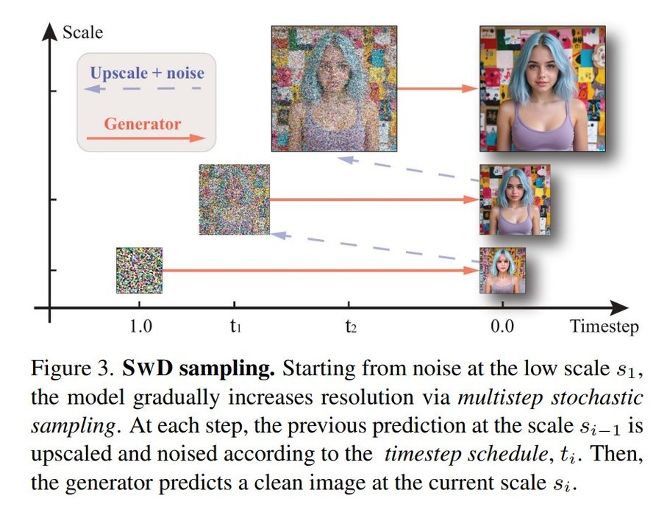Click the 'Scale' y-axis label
[x=82, y=32]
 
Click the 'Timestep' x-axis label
[x=603, y=327]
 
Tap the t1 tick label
[x=235, y=327]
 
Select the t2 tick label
[x=351, y=327]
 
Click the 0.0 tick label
[x=503, y=327]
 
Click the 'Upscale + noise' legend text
[x=147, y=73]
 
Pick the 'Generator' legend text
[x=142, y=124]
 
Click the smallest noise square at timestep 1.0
[x=139, y=270]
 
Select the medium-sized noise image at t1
[x=234, y=199]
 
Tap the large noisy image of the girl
[x=327, y=88]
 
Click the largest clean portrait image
[x=542, y=88]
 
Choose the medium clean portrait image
[x=504, y=199]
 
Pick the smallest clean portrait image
[x=502, y=270]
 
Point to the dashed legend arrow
[x=143, y=88]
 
